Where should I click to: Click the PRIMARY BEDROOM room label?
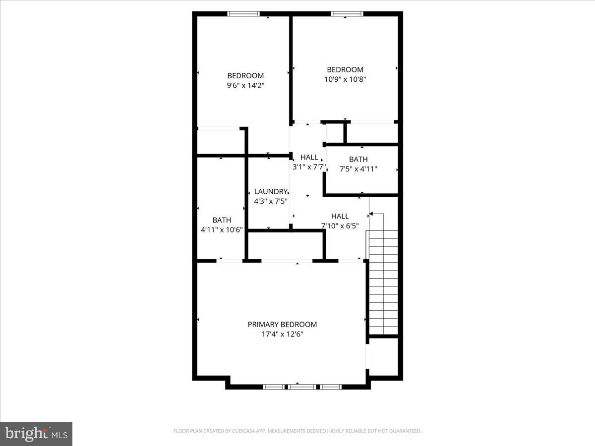pos(282,324)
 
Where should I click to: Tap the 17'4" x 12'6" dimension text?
pos(282,334)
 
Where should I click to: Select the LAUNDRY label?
pos(270,191)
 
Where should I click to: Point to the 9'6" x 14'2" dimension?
pos(245,85)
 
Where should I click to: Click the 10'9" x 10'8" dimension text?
pos(345,79)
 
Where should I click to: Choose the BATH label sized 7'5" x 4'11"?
pos(358,159)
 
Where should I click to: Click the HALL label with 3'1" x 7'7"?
pos(309,158)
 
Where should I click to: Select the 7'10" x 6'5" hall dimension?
pos(340,226)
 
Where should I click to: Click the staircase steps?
pos(383,282)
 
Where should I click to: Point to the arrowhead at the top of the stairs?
pos(371,214)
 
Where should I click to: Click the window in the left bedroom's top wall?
pos(243,14)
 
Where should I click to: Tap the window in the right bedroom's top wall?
pos(347,14)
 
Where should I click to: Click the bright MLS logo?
pos(36,434)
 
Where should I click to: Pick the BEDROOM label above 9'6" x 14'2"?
pos(245,75)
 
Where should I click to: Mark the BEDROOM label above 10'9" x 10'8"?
pos(345,69)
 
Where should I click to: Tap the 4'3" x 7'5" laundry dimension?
pos(271,201)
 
